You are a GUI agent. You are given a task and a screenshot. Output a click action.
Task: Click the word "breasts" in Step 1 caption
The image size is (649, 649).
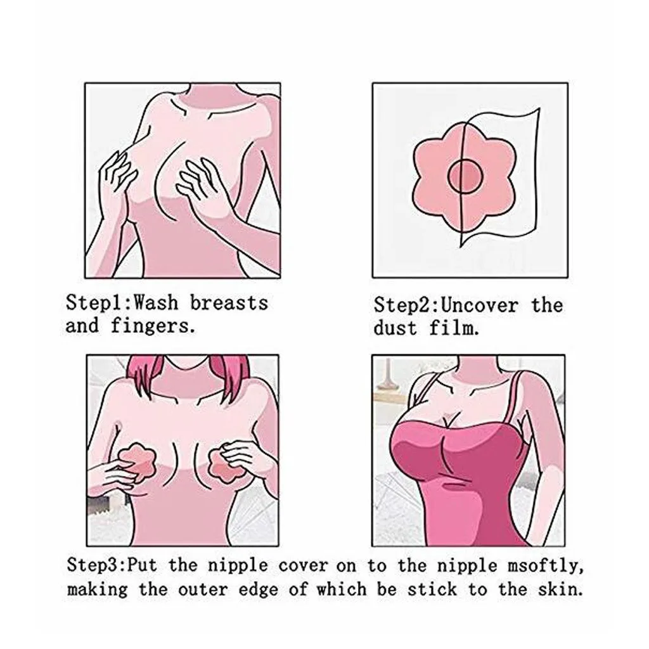tap(229, 302)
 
